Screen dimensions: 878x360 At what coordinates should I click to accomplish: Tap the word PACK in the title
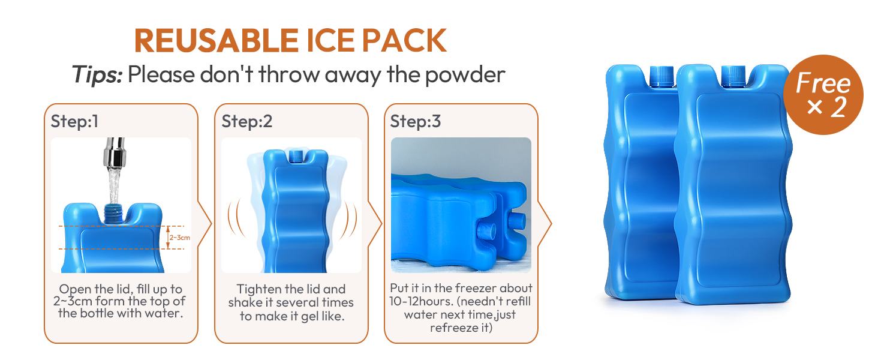(404, 40)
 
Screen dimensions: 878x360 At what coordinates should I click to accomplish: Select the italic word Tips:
(97, 74)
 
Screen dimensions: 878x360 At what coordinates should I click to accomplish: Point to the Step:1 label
(74, 122)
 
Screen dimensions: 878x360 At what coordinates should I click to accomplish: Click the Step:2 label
(247, 122)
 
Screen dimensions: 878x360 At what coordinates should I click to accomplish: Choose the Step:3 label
(416, 122)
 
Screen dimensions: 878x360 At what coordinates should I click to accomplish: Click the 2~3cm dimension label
(179, 238)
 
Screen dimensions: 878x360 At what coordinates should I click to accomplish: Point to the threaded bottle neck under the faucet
(114, 214)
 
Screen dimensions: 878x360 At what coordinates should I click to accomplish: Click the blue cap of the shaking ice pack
(296, 156)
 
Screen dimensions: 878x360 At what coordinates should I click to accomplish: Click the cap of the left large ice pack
(661, 76)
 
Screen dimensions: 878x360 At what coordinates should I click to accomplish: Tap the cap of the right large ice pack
(733, 76)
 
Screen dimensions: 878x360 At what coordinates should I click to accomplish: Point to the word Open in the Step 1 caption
(74, 290)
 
